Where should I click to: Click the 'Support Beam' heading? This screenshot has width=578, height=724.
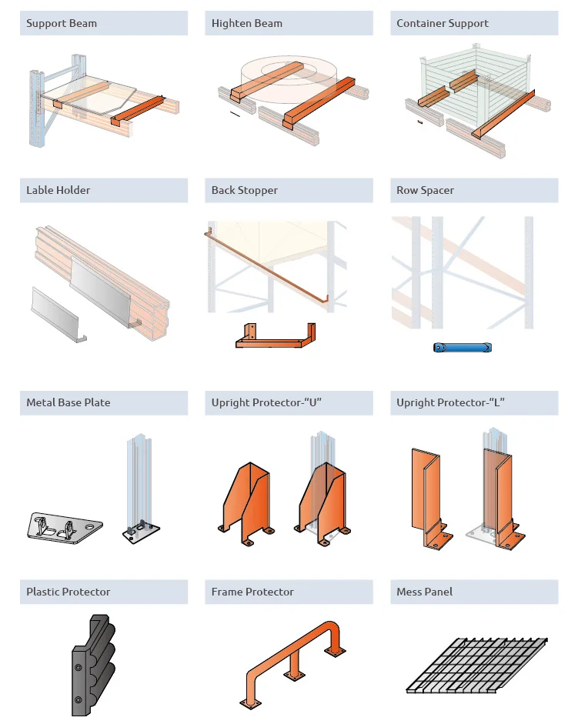[62, 24]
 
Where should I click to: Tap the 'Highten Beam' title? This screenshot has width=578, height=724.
[247, 24]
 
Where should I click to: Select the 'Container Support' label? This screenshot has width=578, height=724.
[443, 24]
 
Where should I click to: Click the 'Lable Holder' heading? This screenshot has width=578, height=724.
[58, 190]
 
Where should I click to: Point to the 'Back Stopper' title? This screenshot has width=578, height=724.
[245, 190]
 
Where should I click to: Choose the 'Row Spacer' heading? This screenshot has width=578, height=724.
[425, 190]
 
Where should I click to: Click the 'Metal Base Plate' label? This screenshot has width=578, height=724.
[68, 402]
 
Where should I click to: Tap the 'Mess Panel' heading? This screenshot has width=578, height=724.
[424, 592]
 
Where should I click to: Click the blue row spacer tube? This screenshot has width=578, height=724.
[462, 347]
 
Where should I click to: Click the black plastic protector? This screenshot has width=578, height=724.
[92, 665]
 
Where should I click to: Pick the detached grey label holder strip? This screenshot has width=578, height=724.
[58, 315]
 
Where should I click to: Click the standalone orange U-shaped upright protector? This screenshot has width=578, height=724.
[246, 504]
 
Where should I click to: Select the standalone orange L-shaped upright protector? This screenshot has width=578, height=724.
[430, 499]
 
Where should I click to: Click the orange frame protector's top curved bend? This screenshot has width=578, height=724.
[332, 626]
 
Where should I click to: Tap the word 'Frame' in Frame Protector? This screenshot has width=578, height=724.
[226, 592]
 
